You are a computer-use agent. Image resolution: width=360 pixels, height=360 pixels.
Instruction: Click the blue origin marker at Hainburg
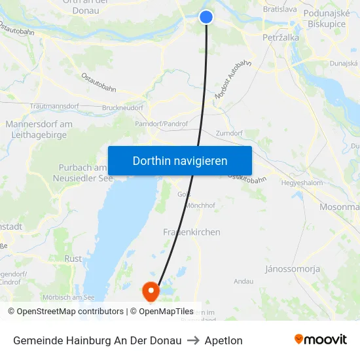click(x=206, y=17)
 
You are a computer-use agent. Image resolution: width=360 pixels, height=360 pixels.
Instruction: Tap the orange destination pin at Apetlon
click(x=151, y=290)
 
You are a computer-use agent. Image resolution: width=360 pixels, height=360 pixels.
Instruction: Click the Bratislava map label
click(x=279, y=10)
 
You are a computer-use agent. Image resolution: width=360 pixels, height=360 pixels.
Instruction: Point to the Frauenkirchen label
click(x=192, y=232)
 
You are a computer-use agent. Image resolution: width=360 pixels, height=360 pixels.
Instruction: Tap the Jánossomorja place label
click(x=293, y=269)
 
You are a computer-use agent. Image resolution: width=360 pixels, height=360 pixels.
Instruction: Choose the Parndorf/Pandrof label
click(x=161, y=123)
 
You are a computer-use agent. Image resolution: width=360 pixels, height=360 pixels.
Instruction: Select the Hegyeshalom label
click(x=302, y=183)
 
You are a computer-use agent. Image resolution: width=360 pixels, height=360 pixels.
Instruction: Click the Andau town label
click(x=243, y=281)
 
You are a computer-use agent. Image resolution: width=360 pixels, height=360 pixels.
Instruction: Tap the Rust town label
click(x=73, y=259)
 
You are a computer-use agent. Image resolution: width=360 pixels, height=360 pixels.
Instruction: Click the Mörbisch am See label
click(x=69, y=297)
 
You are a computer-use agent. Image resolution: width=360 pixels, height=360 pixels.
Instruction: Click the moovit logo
click(x=321, y=340)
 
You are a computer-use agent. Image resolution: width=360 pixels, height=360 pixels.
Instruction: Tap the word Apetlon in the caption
click(x=223, y=340)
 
